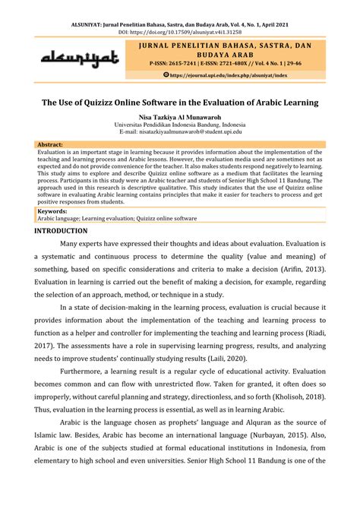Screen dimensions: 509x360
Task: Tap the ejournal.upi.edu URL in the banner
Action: (x=229, y=75)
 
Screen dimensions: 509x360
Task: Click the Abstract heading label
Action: (x=50, y=144)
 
